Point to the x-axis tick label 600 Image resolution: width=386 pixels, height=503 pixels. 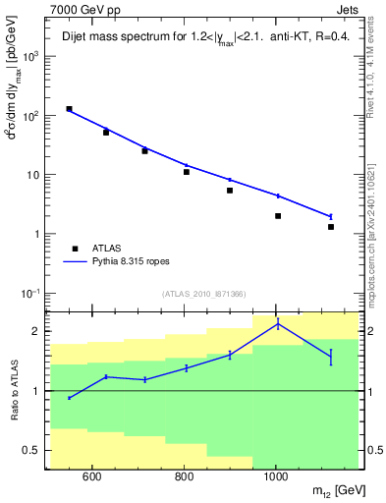(x=91, y=476)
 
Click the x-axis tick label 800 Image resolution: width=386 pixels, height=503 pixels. (x=184, y=476)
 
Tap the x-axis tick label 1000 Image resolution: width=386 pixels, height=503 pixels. (x=276, y=476)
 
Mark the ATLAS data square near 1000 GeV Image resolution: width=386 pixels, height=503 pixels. (x=278, y=216)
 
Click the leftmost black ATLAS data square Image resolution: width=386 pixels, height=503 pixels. (x=69, y=109)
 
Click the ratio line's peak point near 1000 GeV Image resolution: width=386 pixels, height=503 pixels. (x=278, y=324)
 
